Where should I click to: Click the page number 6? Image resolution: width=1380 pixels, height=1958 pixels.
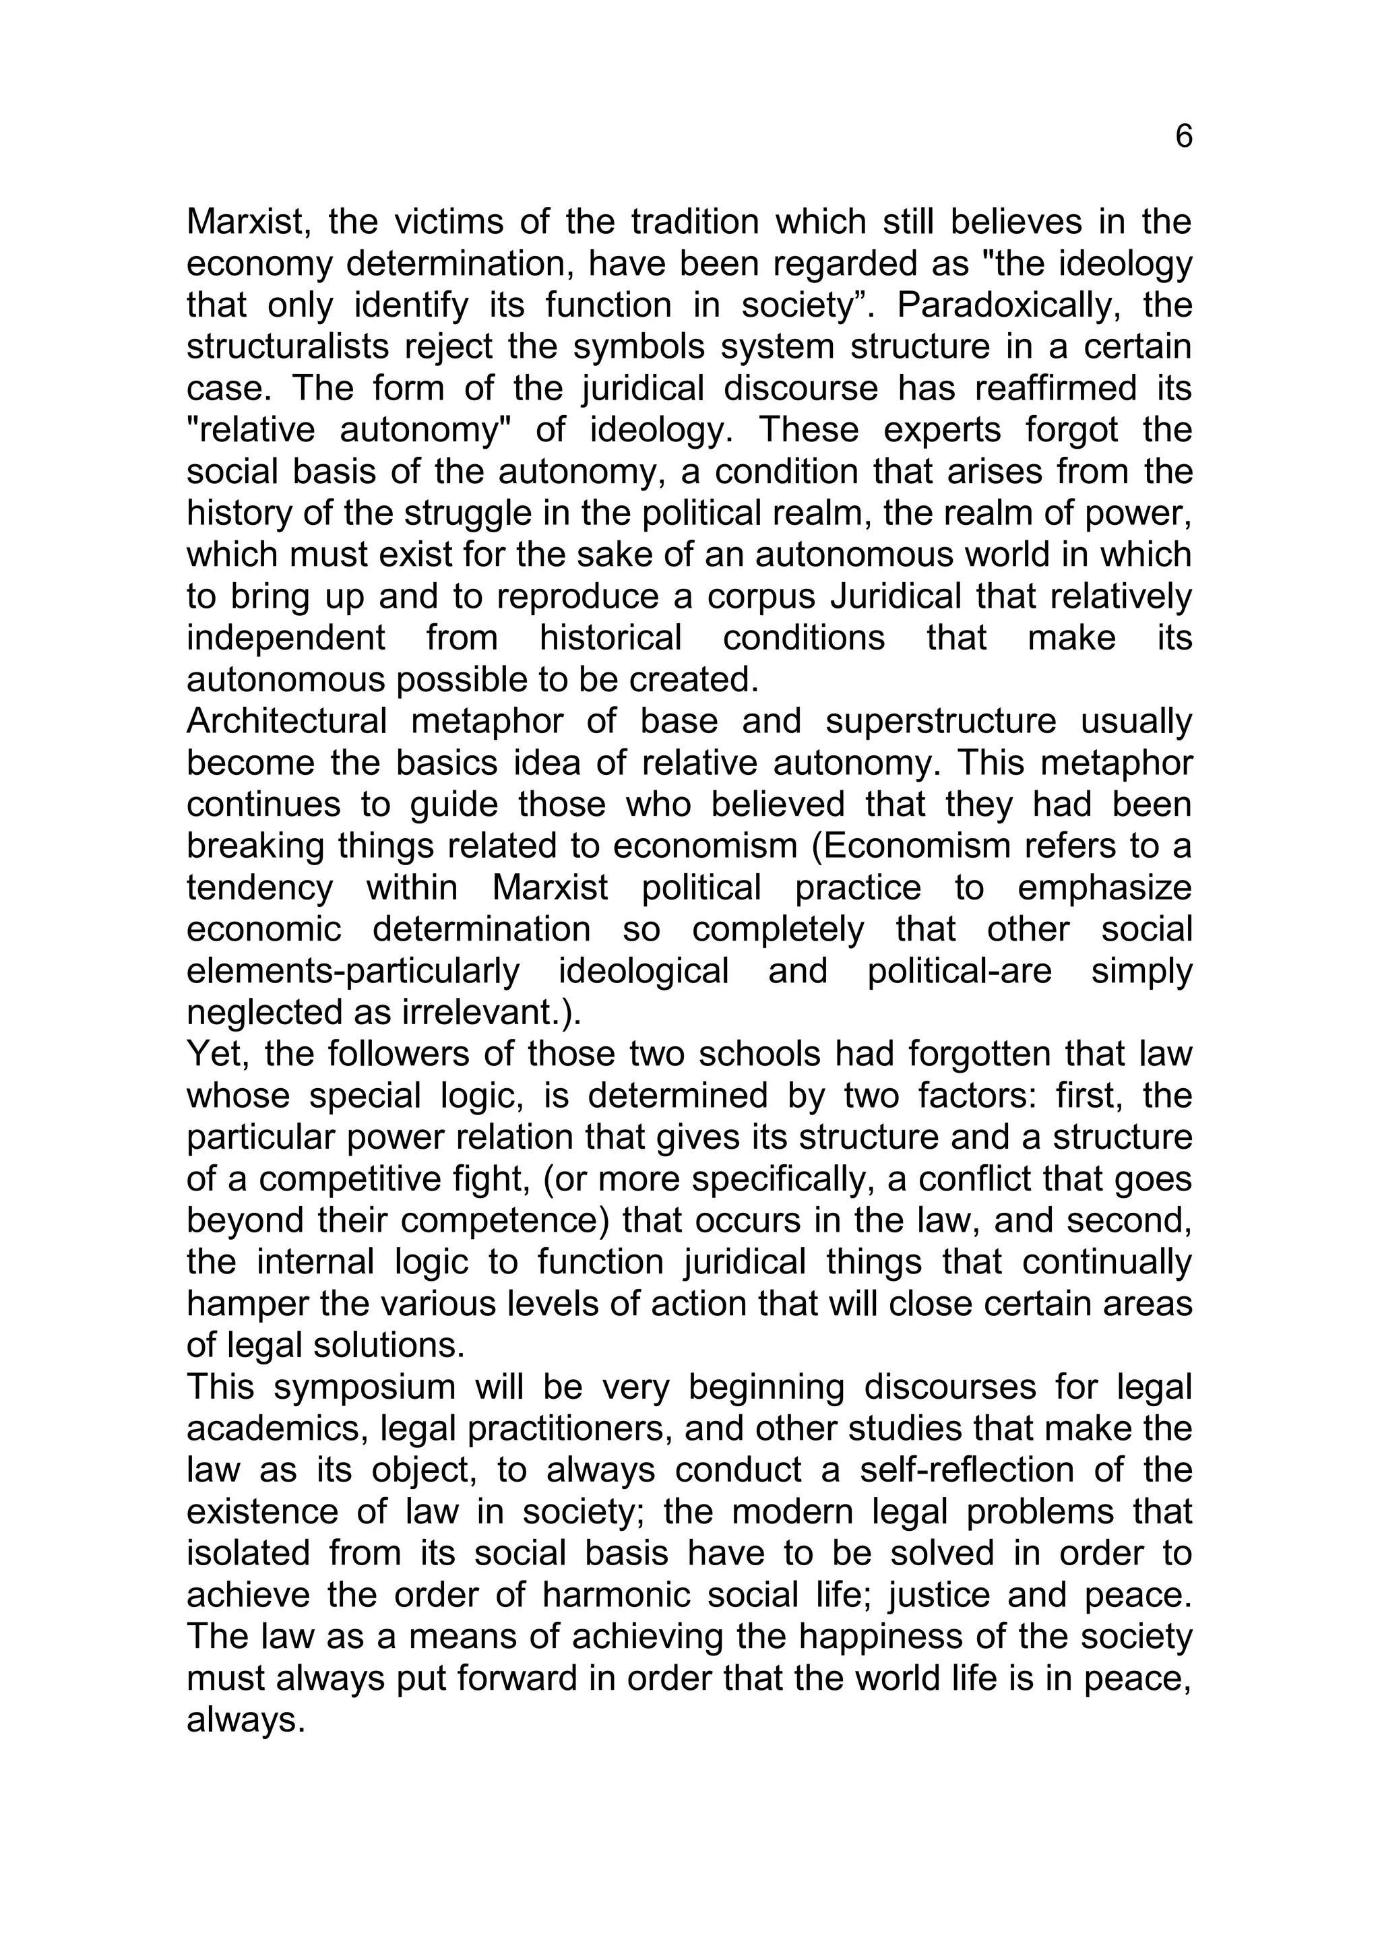[1183, 137]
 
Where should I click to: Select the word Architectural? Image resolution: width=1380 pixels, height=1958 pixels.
[286, 722]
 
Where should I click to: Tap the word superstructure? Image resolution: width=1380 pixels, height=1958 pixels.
[940, 722]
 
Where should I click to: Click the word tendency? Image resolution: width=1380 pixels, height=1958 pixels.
[259, 888]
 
